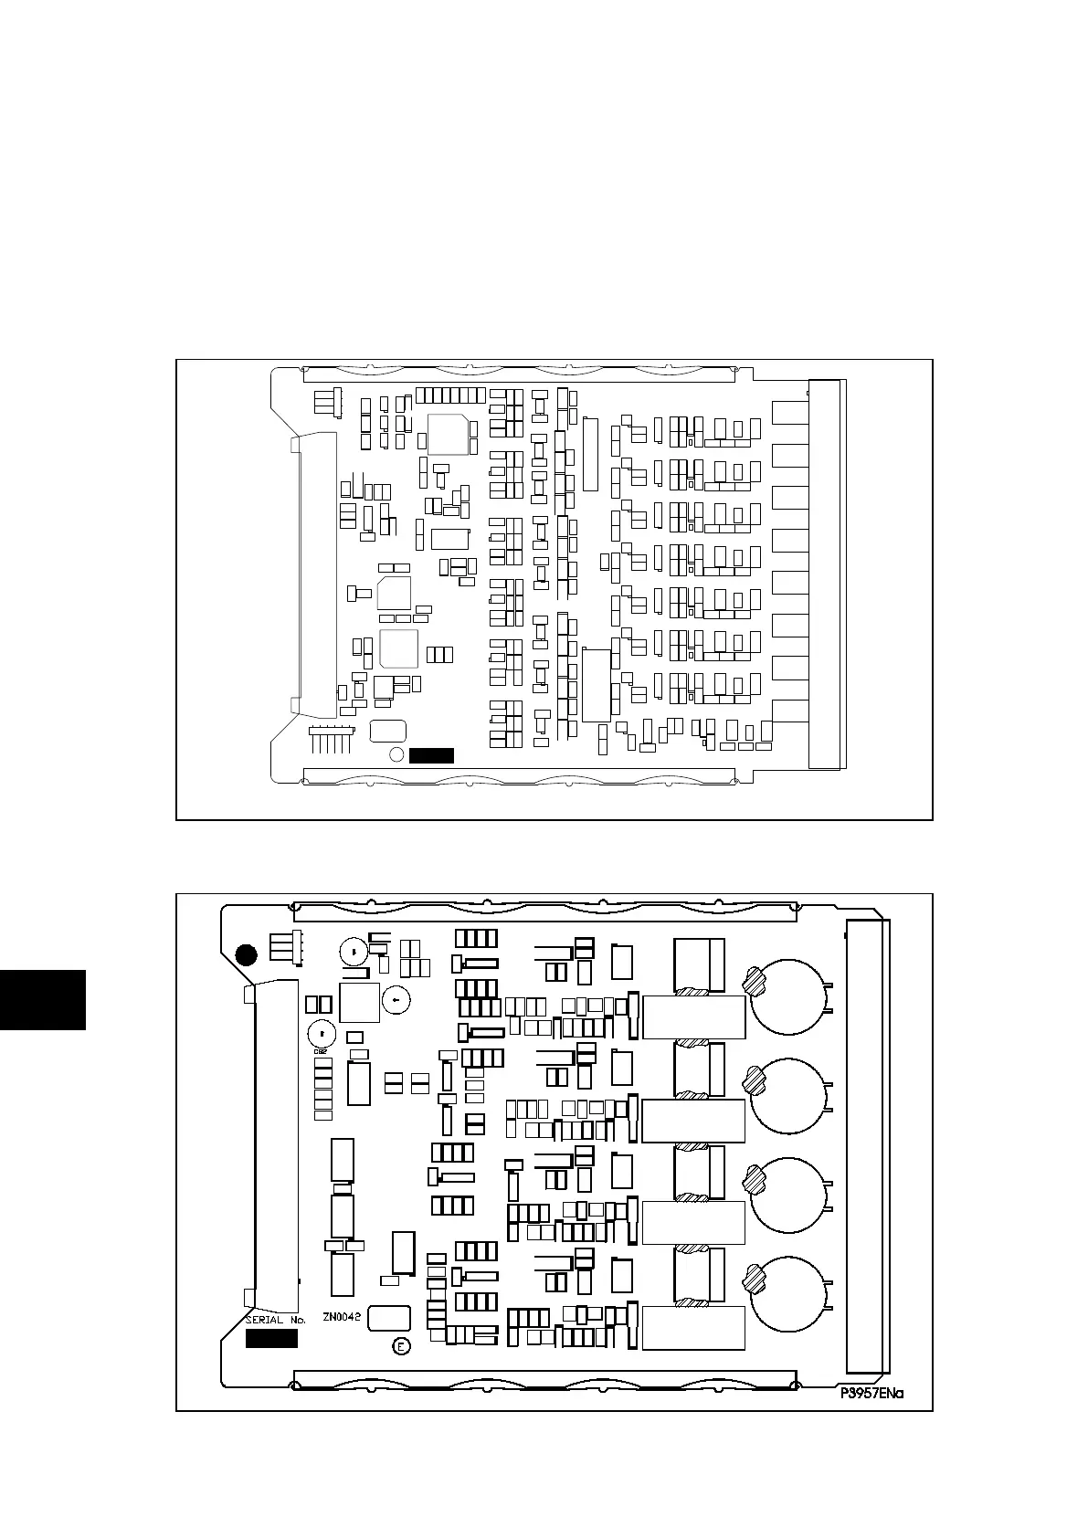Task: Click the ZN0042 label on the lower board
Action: tap(343, 1318)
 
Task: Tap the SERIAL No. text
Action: tap(275, 1320)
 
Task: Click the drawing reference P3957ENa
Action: tap(871, 1395)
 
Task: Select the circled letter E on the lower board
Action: tap(399, 1346)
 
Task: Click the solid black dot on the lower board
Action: tap(246, 955)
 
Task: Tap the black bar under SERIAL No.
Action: tap(271, 1338)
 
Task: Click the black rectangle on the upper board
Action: tap(431, 754)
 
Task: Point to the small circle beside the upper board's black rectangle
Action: tap(396, 754)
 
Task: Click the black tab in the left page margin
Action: tap(43, 999)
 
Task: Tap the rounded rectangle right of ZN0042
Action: tap(389, 1318)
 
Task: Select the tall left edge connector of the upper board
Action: tap(313, 574)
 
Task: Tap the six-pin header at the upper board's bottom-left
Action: tap(331, 736)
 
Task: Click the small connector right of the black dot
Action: tap(286, 948)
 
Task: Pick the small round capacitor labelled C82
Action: tap(322, 1035)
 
